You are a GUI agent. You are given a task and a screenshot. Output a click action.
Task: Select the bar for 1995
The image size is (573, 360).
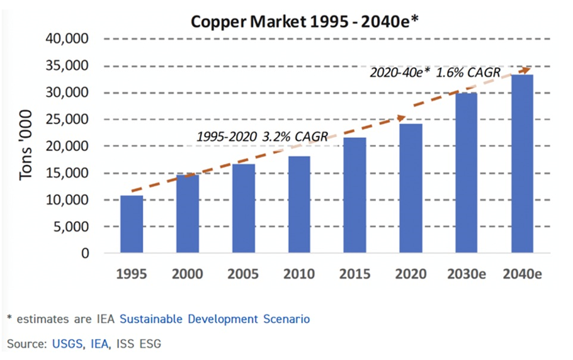pos(132,225)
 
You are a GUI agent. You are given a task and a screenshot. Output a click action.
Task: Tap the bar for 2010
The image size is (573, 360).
pos(299,205)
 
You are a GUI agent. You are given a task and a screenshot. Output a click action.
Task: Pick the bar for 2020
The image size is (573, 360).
pos(411,189)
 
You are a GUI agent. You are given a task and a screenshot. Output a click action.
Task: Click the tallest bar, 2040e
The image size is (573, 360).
pos(522,164)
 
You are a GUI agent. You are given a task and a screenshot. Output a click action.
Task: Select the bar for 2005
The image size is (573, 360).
pos(243,209)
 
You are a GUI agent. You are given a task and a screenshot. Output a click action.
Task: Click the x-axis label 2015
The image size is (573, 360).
pos(355,274)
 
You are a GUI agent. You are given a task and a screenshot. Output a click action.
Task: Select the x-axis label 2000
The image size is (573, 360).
pos(187,274)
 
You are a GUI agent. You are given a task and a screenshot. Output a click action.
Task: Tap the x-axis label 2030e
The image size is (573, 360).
pos(467,274)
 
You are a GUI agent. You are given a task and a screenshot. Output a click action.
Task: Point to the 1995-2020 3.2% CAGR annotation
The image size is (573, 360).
pos(262,136)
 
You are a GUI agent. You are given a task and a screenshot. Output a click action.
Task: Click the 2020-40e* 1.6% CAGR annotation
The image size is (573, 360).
pos(434,73)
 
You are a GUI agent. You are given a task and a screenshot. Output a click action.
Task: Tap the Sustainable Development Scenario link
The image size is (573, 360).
pos(215,319)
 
